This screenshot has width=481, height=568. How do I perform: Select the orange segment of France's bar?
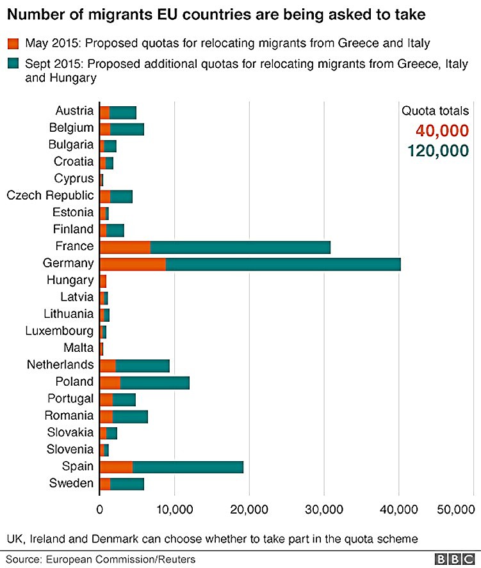tap(125, 246)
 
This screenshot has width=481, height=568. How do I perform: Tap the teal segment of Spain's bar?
tap(188, 466)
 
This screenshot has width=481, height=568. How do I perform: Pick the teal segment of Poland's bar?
tap(154, 382)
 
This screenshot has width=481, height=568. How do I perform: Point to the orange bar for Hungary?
tap(103, 280)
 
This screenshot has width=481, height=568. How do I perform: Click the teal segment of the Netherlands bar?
tap(142, 365)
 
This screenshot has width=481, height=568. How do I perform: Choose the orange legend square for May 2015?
tap(13, 43)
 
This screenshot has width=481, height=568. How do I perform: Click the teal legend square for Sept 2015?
tap(13, 64)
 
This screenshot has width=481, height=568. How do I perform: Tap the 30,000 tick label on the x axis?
tap(323, 509)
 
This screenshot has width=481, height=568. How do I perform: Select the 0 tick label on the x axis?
tap(100, 509)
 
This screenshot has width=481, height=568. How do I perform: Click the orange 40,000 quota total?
tap(443, 131)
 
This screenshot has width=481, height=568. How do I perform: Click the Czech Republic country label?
tap(50, 195)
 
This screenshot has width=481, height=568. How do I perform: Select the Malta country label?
tap(78, 348)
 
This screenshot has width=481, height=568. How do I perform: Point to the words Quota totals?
tap(436, 111)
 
